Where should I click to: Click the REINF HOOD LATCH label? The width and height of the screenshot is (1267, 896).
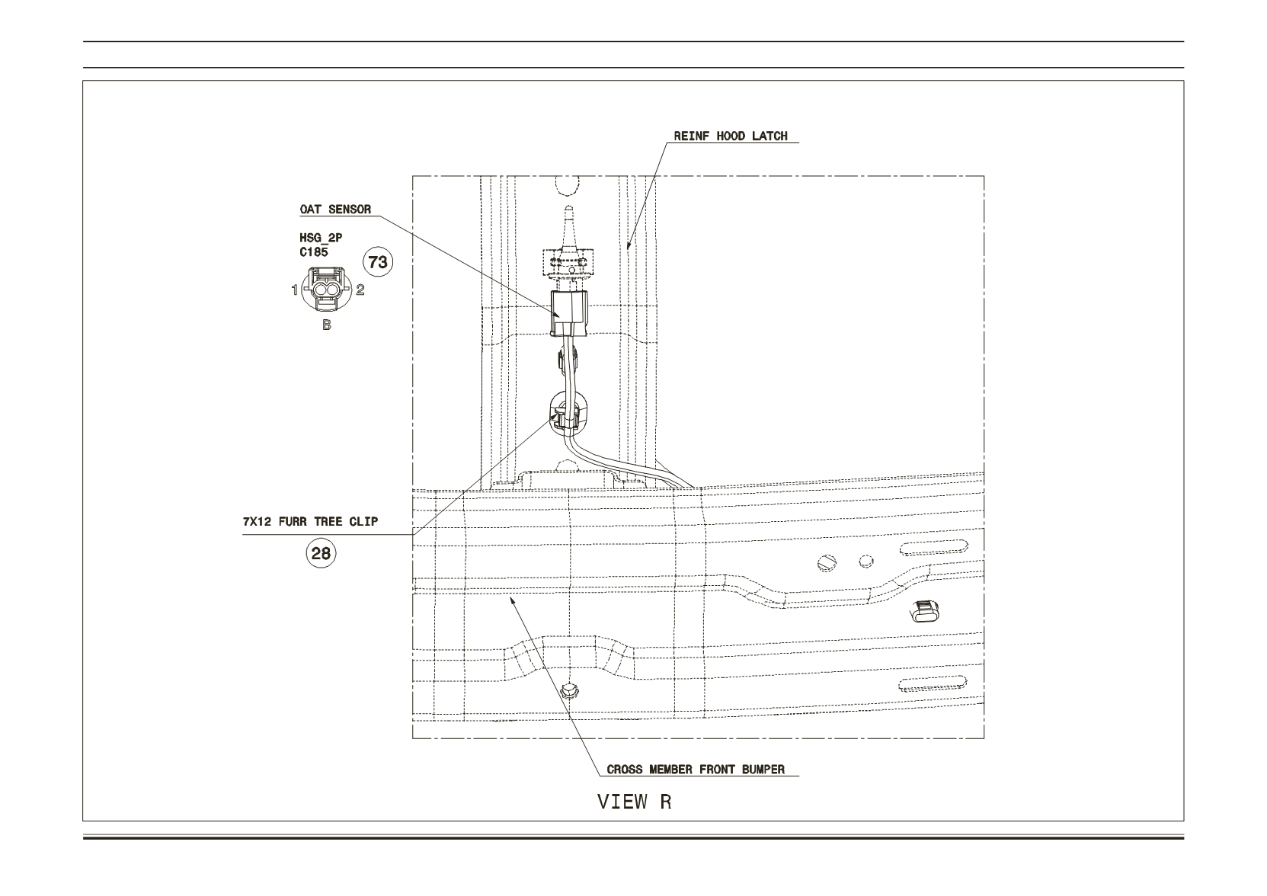(x=730, y=136)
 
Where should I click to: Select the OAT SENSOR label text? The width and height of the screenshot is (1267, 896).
(x=335, y=210)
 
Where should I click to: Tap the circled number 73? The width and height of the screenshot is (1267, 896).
(x=378, y=262)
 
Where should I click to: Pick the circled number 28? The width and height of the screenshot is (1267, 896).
(x=321, y=552)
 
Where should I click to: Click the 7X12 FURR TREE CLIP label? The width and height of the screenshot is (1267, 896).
(x=310, y=522)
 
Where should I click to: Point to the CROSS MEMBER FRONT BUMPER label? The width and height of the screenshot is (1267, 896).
(x=696, y=770)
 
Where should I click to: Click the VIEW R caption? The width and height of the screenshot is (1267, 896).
(x=634, y=802)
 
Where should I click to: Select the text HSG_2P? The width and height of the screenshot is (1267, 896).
(x=321, y=238)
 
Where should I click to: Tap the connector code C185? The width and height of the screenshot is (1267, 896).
(x=313, y=251)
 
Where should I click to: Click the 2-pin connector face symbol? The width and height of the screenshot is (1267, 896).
(x=326, y=289)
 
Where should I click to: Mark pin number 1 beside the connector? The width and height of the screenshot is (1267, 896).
(x=294, y=290)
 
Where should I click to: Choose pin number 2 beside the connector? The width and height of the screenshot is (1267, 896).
(x=360, y=290)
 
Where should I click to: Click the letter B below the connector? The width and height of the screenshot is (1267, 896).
(x=326, y=325)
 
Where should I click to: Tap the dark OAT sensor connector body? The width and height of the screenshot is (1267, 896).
(x=568, y=313)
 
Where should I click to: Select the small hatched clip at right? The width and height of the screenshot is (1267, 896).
(x=923, y=611)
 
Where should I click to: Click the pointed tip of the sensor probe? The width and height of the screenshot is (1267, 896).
(x=569, y=206)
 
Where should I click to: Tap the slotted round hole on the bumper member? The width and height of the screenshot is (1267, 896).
(x=827, y=563)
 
